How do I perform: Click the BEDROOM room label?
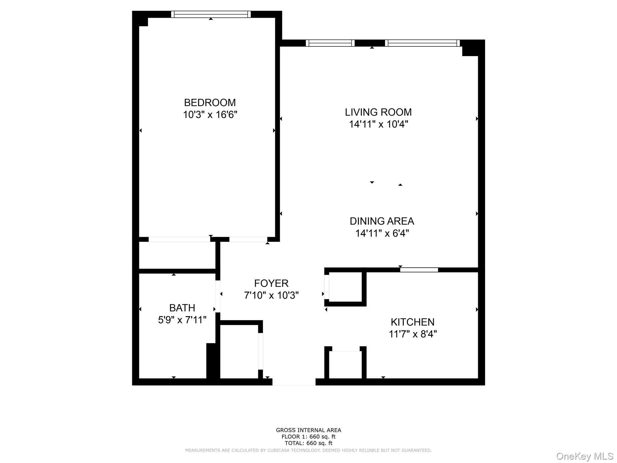[210, 103]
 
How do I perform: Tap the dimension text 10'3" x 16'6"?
[210, 115]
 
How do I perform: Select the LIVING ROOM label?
[378, 112]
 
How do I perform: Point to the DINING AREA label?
[382, 221]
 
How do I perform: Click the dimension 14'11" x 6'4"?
[382, 233]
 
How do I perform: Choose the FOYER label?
[271, 283]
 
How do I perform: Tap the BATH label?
[182, 308]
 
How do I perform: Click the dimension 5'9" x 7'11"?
[182, 320]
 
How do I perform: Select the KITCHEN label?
[412, 322]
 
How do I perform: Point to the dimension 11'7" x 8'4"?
[412, 334]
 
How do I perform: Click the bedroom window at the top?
[211, 14]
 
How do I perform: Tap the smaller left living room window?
[330, 43]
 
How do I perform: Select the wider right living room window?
[422, 43]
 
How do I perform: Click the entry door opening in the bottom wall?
[294, 382]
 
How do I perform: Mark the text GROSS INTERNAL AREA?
[308, 430]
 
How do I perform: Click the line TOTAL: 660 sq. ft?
[308, 443]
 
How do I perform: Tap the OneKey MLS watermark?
[584, 456]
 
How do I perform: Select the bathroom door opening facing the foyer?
[218, 296]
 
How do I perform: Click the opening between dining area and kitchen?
[419, 270]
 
